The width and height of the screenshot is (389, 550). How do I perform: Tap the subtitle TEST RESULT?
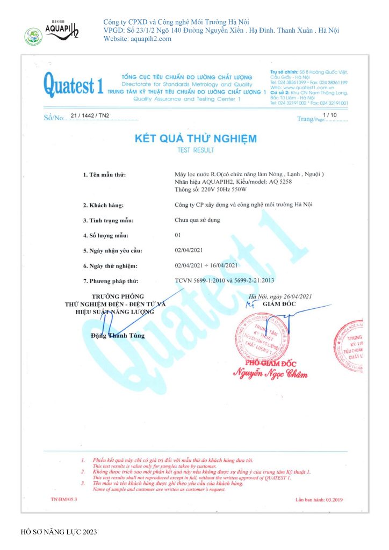[x=196, y=150]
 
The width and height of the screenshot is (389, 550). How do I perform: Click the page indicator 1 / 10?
[x=329, y=115]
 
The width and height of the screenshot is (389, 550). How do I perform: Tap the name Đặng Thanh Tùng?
[x=118, y=336]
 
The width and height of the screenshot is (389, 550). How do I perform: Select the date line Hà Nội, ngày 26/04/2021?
[x=279, y=296]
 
